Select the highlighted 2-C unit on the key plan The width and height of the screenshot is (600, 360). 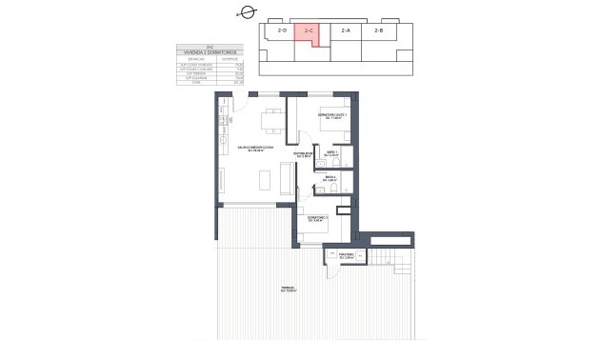pyautogui.click(x=306, y=33)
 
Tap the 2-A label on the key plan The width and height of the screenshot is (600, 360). pyautogui.click(x=345, y=31)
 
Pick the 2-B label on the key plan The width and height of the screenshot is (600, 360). pyautogui.click(x=378, y=31)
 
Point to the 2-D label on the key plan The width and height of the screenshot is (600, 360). pyautogui.click(x=282, y=31)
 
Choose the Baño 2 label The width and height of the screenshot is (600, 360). pyautogui.click(x=330, y=178)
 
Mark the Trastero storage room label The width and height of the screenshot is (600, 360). pyautogui.click(x=346, y=255)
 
